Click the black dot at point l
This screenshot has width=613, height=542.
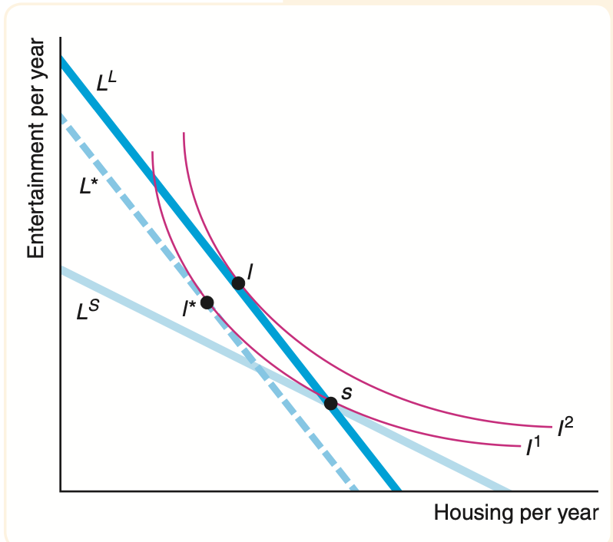tap(238, 283)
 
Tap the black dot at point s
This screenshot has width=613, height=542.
tap(331, 403)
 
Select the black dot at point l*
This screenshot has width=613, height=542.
tap(207, 302)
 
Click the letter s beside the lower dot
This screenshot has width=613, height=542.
tap(346, 392)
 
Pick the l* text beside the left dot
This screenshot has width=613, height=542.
tap(189, 309)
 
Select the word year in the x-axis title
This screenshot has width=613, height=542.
tap(578, 512)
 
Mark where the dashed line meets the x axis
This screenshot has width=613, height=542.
tap(353, 489)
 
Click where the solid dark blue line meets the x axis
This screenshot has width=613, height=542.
tap(396, 489)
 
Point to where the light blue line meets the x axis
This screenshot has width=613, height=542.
tap(508, 489)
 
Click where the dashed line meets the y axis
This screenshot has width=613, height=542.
tap(61, 115)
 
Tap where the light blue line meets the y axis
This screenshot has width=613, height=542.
tap(61, 269)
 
